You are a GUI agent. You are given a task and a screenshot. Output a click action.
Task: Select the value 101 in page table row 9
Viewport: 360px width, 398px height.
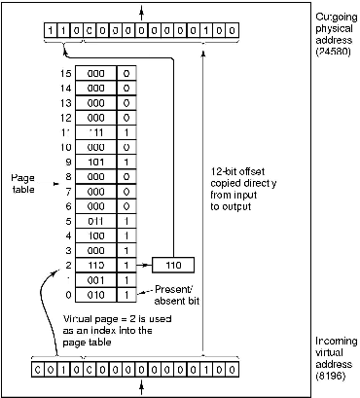(x=96, y=163)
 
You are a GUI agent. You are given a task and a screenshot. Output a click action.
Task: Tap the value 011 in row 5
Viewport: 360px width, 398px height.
(x=96, y=221)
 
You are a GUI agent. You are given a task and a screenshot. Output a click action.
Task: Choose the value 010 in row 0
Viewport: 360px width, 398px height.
(x=96, y=294)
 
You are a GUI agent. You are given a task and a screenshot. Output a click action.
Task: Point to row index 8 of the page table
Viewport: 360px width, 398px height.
(x=66, y=177)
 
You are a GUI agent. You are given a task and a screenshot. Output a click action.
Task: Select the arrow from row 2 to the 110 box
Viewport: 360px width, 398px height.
(x=144, y=265)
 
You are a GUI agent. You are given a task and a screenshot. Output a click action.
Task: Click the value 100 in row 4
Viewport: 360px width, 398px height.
(x=96, y=235)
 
